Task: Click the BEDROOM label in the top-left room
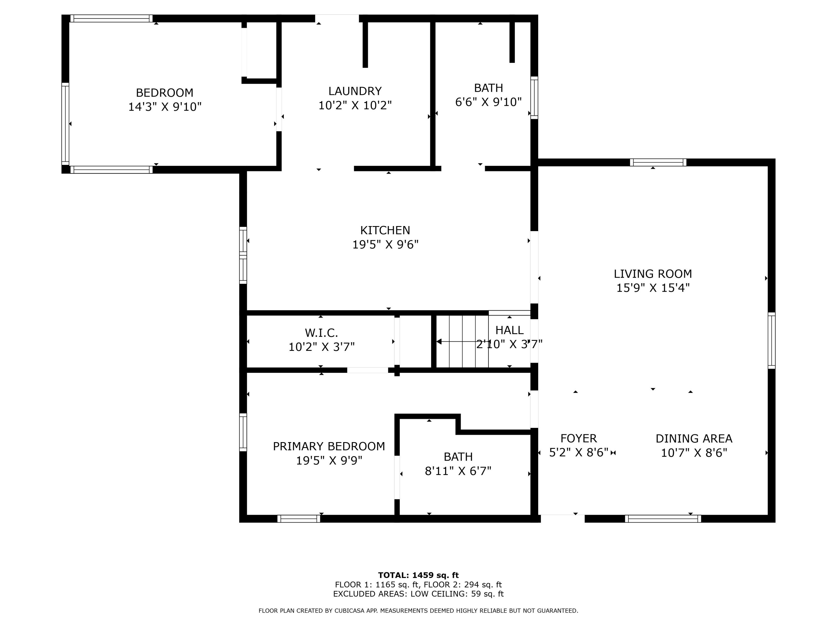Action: (x=165, y=93)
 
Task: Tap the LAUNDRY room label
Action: (x=355, y=91)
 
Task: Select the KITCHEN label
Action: (x=385, y=231)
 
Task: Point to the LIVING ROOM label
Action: (x=653, y=274)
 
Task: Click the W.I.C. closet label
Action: (x=321, y=333)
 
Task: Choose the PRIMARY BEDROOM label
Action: (x=329, y=447)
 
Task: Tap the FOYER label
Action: (x=579, y=438)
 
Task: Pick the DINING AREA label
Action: (x=694, y=439)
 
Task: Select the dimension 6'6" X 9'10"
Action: (x=489, y=102)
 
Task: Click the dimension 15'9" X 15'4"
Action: (x=653, y=288)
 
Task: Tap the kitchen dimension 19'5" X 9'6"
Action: (x=385, y=245)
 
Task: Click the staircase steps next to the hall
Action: (x=462, y=341)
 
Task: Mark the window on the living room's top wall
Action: (x=658, y=162)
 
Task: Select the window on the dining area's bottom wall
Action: (x=663, y=519)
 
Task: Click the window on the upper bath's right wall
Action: (x=534, y=98)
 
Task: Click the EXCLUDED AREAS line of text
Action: (x=418, y=594)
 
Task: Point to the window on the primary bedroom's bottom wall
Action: (x=299, y=519)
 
